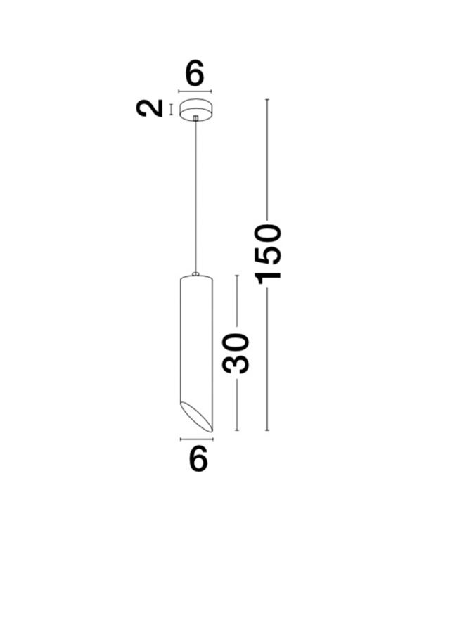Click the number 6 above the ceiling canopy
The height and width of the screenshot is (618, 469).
point(195,73)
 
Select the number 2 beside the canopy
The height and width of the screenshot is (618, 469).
point(149,108)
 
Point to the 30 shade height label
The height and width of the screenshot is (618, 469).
point(236,353)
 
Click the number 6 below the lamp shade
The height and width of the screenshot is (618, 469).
point(198,458)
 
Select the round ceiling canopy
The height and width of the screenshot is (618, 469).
point(195,109)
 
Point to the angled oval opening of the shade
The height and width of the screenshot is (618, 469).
point(197,416)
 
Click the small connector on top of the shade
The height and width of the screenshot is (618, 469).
point(196,274)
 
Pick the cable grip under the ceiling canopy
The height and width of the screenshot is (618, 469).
point(195,117)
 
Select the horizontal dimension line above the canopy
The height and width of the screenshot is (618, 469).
point(195,91)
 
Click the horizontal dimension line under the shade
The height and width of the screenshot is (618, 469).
point(197,439)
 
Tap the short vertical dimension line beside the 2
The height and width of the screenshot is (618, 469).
point(171,110)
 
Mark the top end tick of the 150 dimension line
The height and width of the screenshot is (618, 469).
point(267,99)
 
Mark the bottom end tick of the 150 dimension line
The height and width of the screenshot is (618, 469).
point(267,430)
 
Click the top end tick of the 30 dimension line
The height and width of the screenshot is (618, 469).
point(237,276)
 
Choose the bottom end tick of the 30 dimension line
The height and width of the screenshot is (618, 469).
point(237,430)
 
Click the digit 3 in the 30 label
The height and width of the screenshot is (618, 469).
point(236,364)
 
